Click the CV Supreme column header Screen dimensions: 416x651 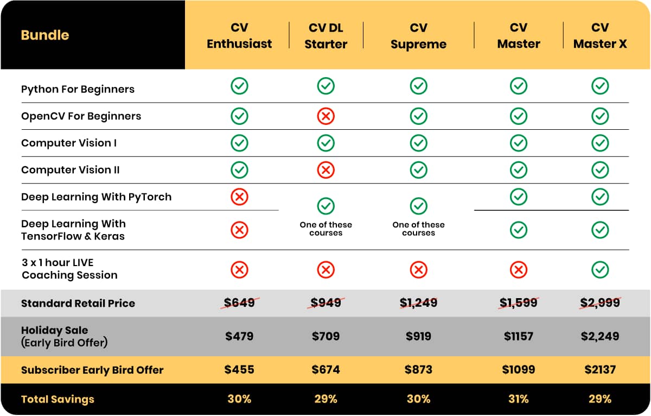click(x=418, y=36)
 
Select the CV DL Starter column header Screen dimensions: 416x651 click(x=326, y=36)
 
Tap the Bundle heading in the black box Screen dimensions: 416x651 click(x=45, y=35)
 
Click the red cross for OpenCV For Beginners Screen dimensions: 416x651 click(x=326, y=116)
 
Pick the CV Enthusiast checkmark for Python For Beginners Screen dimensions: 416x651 click(x=239, y=86)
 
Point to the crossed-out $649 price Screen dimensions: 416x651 click(x=239, y=303)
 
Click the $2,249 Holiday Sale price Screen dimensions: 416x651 click(x=600, y=336)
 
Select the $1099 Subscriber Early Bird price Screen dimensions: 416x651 click(x=519, y=370)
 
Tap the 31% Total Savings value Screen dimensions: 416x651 click(x=519, y=399)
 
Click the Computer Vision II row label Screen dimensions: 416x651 click(x=71, y=170)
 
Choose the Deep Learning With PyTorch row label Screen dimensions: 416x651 click(x=96, y=197)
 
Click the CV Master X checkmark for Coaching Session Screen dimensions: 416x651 click(x=600, y=269)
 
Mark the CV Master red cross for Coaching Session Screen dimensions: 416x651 click(x=519, y=269)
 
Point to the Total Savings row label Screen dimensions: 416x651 click(x=58, y=399)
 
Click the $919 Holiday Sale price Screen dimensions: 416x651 click(x=418, y=336)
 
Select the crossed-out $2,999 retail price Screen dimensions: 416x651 click(x=600, y=303)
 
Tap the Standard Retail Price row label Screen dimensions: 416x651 click(x=78, y=303)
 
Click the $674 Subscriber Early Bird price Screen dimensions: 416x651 click(x=326, y=370)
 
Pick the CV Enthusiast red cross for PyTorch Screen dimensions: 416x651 click(x=239, y=197)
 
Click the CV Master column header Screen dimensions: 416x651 click(x=519, y=36)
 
